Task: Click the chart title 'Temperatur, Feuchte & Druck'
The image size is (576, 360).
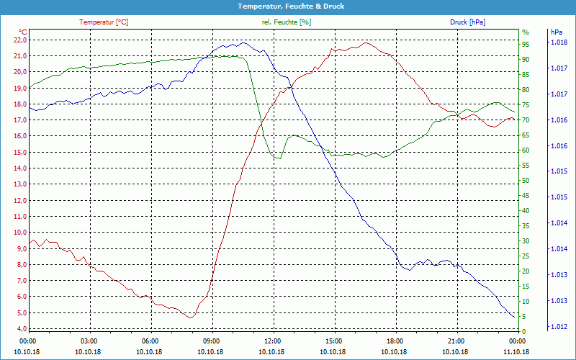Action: [x=288, y=6]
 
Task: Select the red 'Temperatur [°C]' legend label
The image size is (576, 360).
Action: [x=104, y=22]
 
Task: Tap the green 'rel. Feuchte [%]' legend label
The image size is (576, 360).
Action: [x=287, y=22]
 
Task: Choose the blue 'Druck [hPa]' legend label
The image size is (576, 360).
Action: [x=467, y=22]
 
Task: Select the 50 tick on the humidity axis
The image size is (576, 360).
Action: [x=526, y=180]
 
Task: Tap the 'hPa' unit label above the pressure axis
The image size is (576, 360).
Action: [x=556, y=32]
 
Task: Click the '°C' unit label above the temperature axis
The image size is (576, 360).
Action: [x=22, y=32]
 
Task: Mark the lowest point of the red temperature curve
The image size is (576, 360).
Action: [x=189, y=317]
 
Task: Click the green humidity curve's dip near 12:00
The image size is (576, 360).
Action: [x=276, y=158]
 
